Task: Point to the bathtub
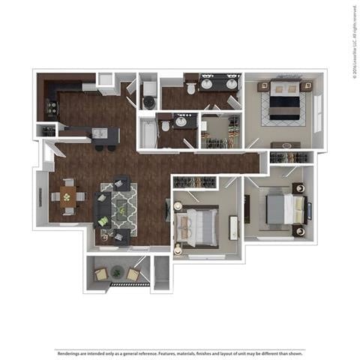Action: pos(147,133)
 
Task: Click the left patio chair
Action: pos(101,274)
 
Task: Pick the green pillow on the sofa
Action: pos(102,222)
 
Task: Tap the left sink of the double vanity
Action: pos(206,83)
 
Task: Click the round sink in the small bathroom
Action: pos(180,121)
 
